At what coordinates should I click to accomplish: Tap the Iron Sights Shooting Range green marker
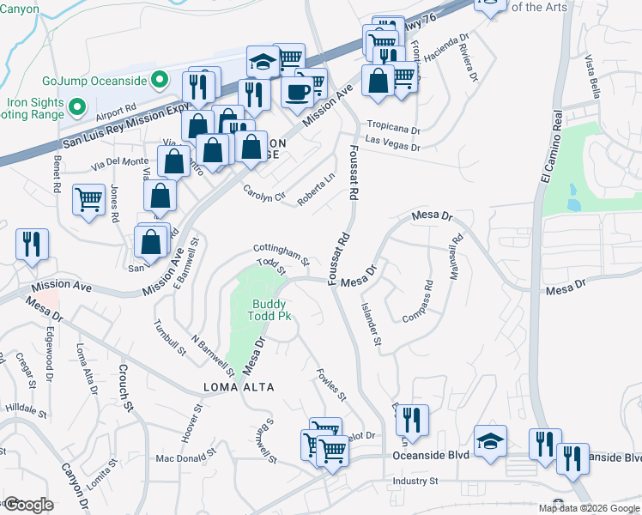(x=77, y=108)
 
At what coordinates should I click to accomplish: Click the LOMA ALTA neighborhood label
(x=239, y=387)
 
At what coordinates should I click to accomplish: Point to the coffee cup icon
(x=297, y=91)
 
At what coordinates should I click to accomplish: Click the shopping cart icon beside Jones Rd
(x=89, y=200)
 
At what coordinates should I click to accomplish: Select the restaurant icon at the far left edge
(x=32, y=244)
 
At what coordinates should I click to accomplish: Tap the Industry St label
(x=415, y=481)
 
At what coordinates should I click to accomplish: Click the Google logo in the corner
(x=28, y=505)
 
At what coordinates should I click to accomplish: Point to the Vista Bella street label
(x=591, y=78)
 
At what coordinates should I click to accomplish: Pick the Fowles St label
(x=331, y=385)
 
